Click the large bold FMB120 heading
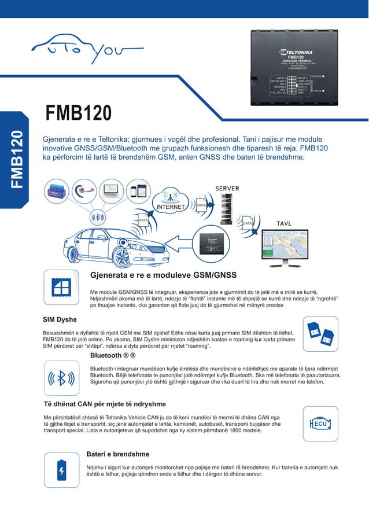[x=75, y=113]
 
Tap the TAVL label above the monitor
[x=283, y=223]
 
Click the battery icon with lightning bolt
[x=61, y=469]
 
